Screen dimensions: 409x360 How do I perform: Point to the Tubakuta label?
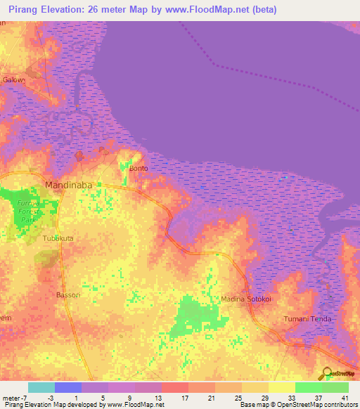pos(58,239)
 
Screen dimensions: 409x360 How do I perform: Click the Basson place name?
pos(69,294)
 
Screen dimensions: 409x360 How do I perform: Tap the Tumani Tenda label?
pos(307,319)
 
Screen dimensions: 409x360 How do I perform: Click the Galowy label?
pos(14,79)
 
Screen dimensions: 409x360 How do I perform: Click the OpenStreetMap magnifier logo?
pos(327,372)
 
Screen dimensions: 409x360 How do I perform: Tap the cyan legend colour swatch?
pos(41,387)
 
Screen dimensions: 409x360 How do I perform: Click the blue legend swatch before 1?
pos(67,387)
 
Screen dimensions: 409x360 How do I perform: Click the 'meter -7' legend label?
pos(15,397)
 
